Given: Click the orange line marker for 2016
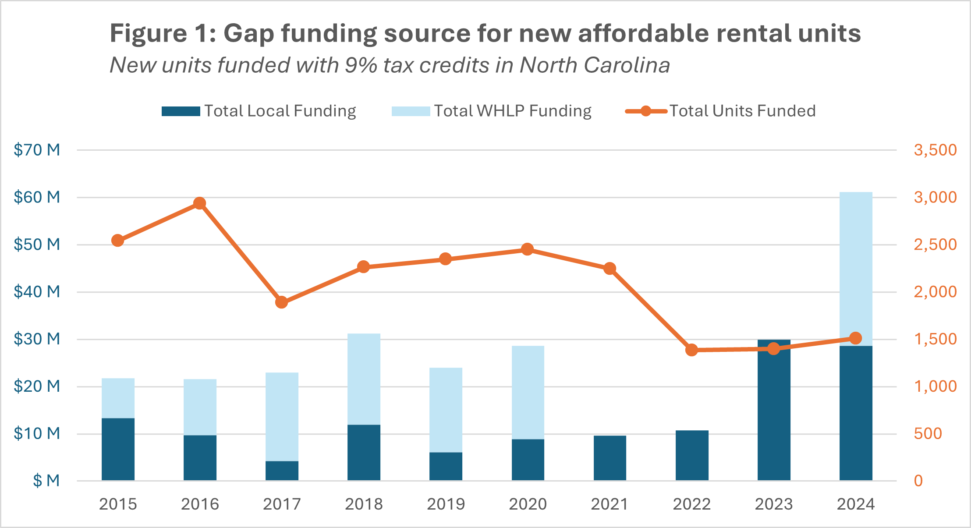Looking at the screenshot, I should (200, 203).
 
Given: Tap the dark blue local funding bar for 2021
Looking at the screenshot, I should (610, 458).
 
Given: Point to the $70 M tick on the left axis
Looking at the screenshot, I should (37, 150).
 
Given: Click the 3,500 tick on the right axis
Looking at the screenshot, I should (935, 150).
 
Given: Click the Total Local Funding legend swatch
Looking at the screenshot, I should (181, 111).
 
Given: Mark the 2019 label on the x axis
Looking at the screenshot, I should (446, 504).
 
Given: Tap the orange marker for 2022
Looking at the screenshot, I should (691, 350).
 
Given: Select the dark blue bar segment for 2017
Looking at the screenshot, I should (282, 471).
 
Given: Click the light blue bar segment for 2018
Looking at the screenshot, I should (364, 379).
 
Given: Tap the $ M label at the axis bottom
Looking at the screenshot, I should (46, 481).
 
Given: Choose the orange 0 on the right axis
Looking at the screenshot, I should (918, 481).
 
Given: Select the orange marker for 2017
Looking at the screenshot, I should (282, 302).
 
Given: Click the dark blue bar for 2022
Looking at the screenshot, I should (691, 456).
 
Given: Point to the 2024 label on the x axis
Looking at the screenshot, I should (855, 504).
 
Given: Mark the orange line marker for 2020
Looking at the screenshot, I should (528, 249).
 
